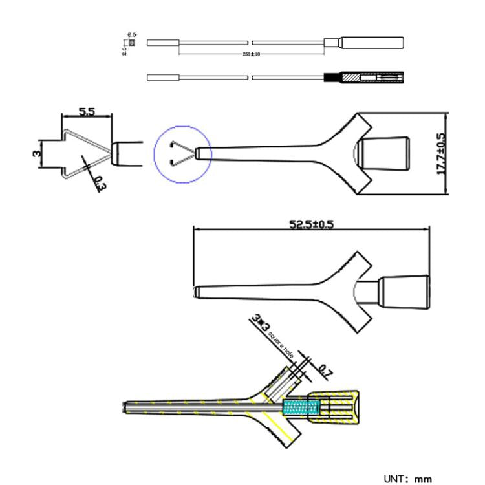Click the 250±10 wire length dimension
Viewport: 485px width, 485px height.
[x=251, y=54]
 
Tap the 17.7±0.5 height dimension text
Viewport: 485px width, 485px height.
[x=441, y=154]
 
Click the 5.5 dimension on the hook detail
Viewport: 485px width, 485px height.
[x=87, y=112]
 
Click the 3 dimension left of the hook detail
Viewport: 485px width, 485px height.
[x=37, y=153]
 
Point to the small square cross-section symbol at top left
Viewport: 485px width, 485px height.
[x=133, y=43]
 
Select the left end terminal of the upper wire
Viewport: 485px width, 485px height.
[x=163, y=43]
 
